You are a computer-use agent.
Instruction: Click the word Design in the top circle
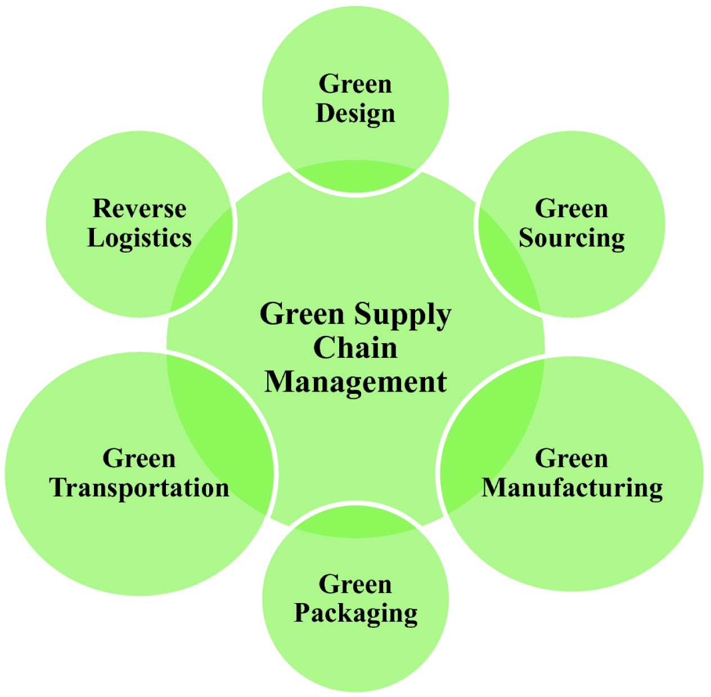[x=355, y=114]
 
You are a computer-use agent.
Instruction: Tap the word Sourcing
[x=571, y=239]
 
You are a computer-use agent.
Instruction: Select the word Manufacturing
[x=572, y=488]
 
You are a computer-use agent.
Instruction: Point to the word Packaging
[x=355, y=613]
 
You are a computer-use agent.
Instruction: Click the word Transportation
[x=139, y=488]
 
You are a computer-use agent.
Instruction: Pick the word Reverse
[x=139, y=209]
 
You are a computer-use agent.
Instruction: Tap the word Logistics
[x=139, y=238]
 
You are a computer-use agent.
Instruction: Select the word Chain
[x=355, y=348]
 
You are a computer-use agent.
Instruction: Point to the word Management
[x=355, y=382]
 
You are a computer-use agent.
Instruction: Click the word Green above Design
[x=355, y=84]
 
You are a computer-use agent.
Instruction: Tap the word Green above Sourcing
[x=571, y=209]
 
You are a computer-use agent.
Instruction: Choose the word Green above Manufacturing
[x=571, y=458]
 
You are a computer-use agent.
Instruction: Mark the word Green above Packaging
[x=355, y=584]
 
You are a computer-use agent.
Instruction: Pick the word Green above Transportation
[x=139, y=458]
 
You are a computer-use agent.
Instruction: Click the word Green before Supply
[x=301, y=314]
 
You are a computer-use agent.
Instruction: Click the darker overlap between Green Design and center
[x=355, y=178]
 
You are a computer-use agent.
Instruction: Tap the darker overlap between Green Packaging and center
[x=355, y=525]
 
